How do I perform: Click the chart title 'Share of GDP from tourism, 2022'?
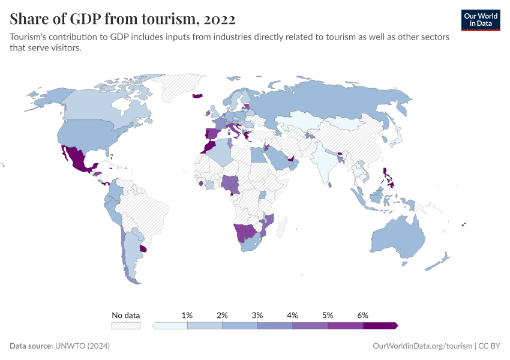pyautogui.click(x=122, y=19)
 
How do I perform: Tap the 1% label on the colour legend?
pyautogui.click(x=187, y=315)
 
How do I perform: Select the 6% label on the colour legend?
pyautogui.click(x=362, y=315)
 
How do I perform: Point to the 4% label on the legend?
pyautogui.click(x=293, y=315)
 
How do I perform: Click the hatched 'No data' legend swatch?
pyautogui.click(x=125, y=325)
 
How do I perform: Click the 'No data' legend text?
pyautogui.click(x=125, y=315)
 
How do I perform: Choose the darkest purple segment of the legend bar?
pyautogui.click(x=379, y=325)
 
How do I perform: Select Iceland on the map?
pyautogui.click(x=197, y=95)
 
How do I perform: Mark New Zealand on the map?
pyautogui.click(x=445, y=259)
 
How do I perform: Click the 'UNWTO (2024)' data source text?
pyautogui.click(x=82, y=346)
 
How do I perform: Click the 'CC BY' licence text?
pyautogui.click(x=489, y=346)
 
